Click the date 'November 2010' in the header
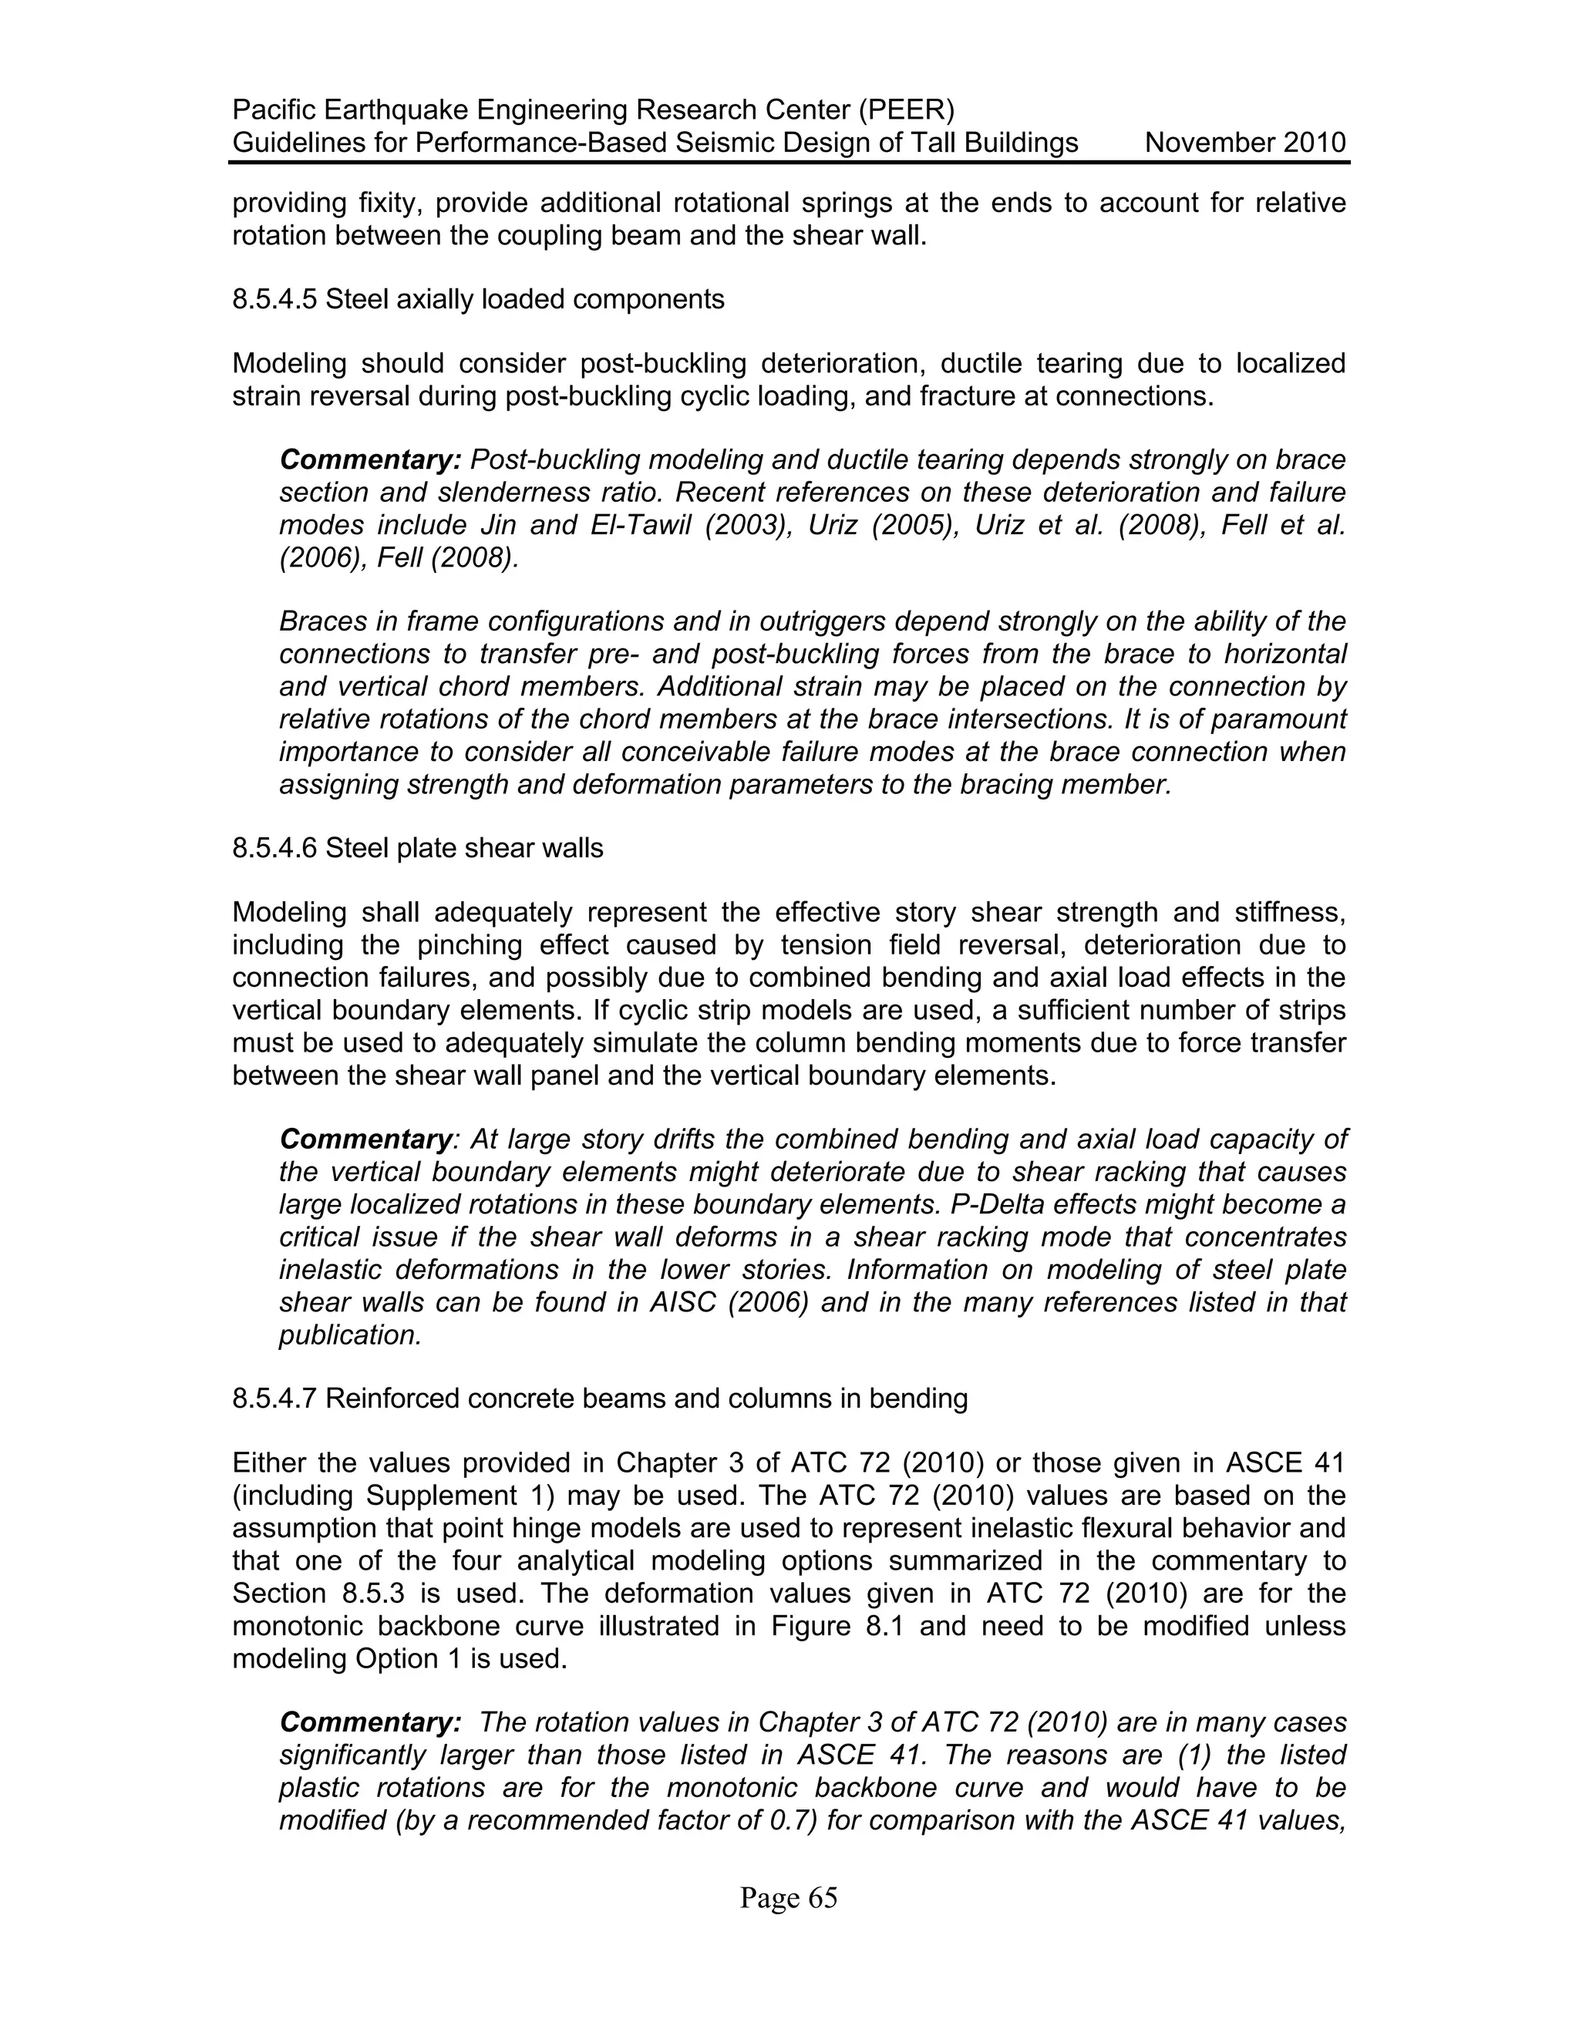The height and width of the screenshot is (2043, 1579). [x=1245, y=143]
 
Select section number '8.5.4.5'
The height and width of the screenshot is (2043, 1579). [x=275, y=299]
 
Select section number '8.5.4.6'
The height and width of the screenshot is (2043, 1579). [x=275, y=849]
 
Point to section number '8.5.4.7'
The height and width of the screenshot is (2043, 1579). [x=275, y=1398]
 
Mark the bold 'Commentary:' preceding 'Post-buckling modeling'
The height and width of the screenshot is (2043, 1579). [x=370, y=460]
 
